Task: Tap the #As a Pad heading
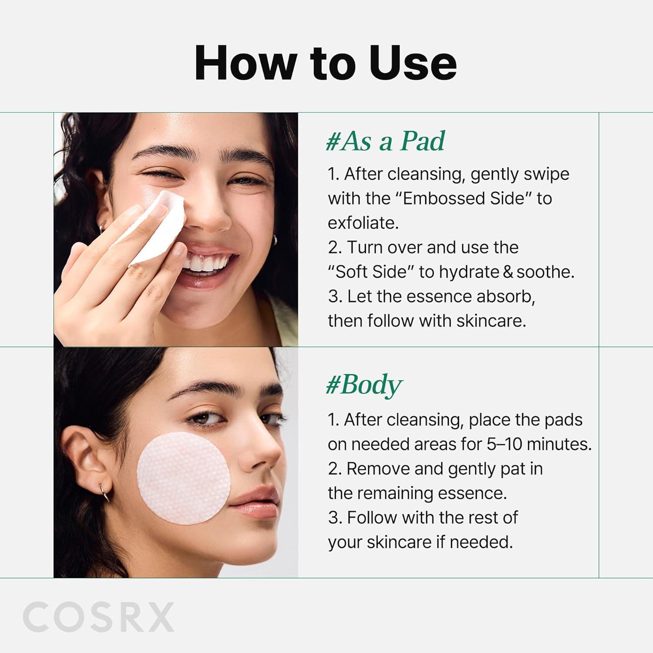(x=386, y=141)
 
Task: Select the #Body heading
(x=364, y=385)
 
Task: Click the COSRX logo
(x=98, y=617)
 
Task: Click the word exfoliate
(x=363, y=223)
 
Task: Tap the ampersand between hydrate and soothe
(x=508, y=272)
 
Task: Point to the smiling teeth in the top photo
(x=207, y=263)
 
